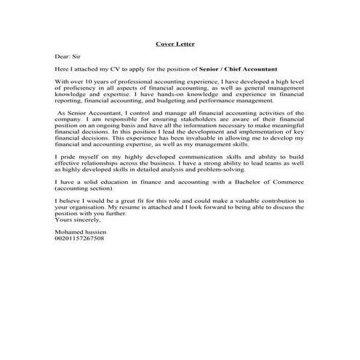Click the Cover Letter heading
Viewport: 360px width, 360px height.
175,44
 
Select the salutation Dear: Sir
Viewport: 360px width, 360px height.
68,56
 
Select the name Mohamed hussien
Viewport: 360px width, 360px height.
80,231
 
